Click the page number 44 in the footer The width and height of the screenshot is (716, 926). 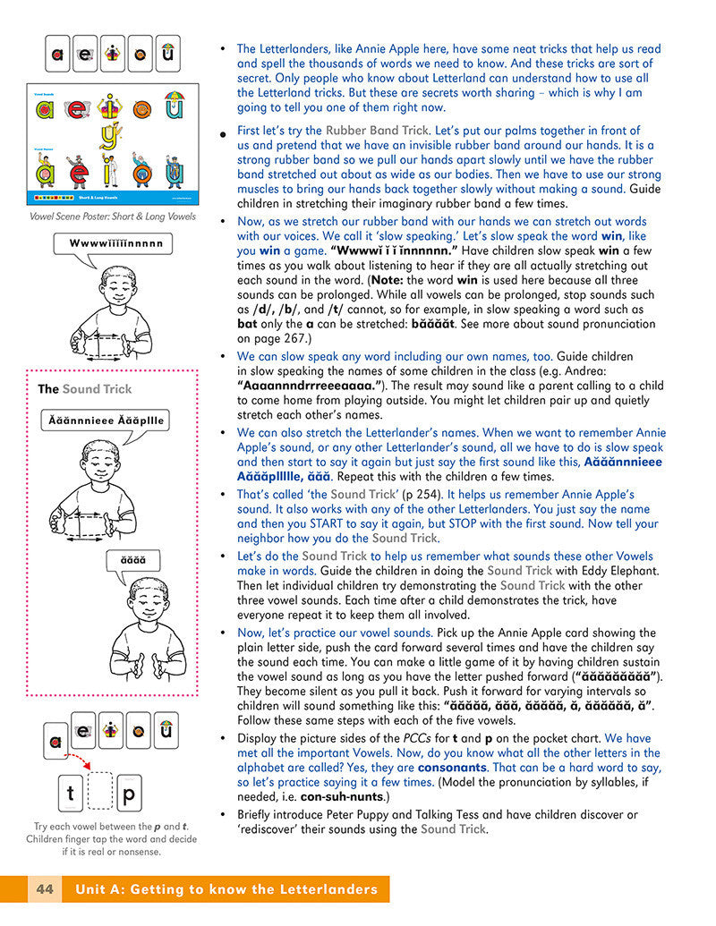44,889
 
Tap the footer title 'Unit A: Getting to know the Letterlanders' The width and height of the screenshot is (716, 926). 226,889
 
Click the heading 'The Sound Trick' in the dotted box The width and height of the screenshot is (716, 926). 84,389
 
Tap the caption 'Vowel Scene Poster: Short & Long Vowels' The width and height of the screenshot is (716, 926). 112,217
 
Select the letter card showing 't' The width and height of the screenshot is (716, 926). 70,793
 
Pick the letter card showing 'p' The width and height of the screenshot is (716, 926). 128,793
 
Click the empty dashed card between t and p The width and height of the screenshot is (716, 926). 99,793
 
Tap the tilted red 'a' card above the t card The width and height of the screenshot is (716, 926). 56,740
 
